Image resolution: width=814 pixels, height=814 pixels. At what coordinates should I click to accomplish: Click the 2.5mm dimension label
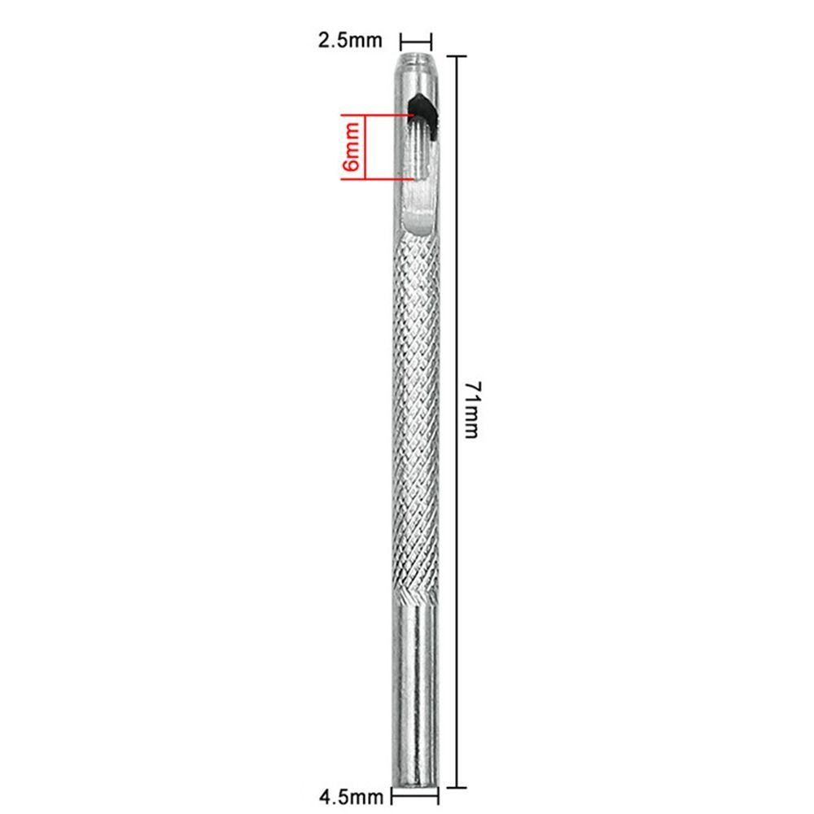point(350,41)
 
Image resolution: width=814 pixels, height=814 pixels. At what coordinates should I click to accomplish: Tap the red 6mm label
point(352,147)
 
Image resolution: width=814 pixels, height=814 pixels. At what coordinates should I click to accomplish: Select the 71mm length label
point(472,409)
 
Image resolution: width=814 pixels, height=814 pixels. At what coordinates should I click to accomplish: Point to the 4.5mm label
point(351,798)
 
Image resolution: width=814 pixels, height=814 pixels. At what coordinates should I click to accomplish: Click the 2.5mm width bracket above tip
point(416,42)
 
